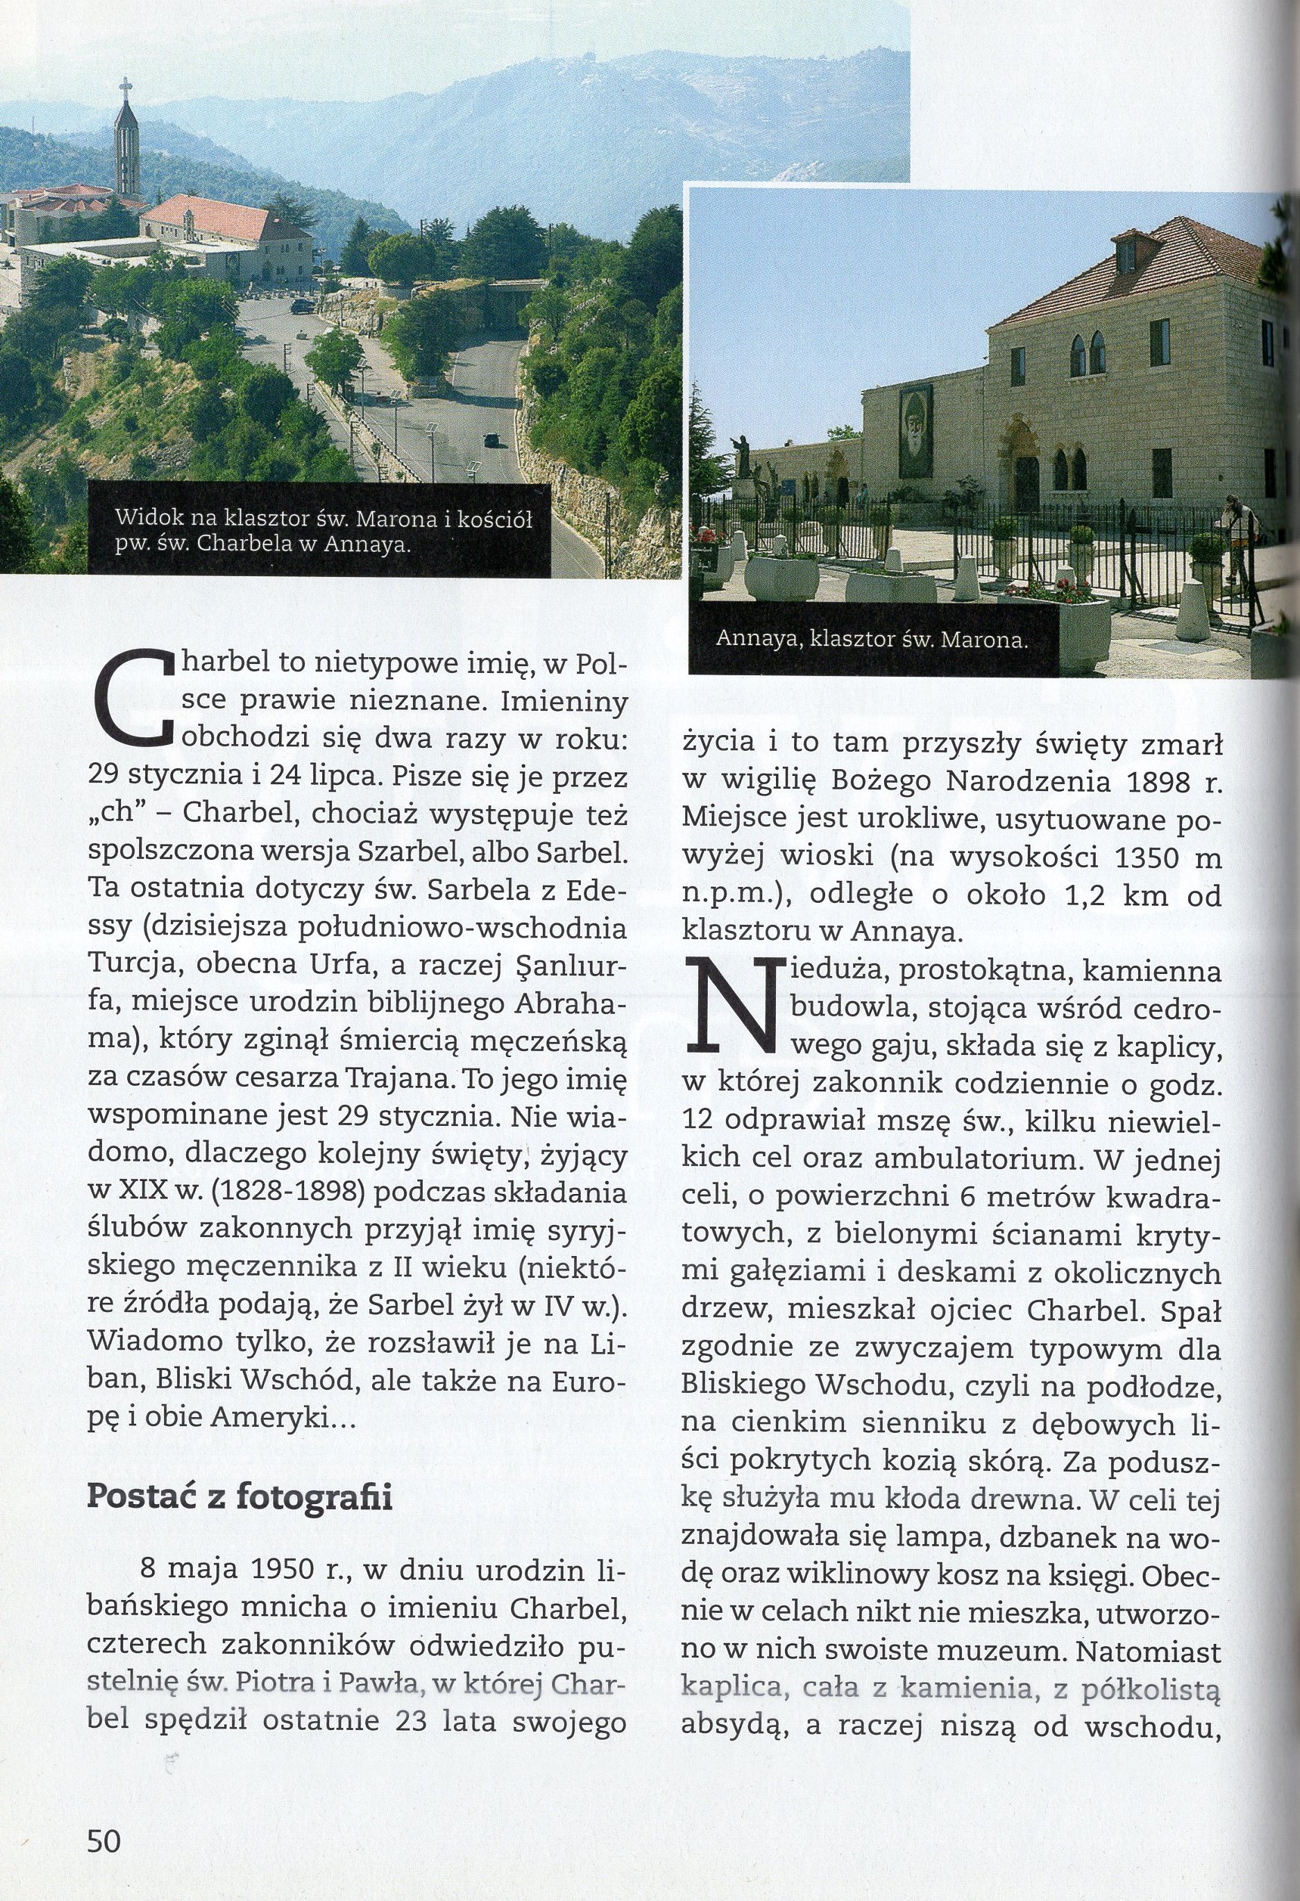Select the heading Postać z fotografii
click(240, 1498)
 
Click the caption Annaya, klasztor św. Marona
click(871, 640)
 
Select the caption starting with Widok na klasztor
click(323, 531)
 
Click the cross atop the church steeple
click(126, 87)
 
